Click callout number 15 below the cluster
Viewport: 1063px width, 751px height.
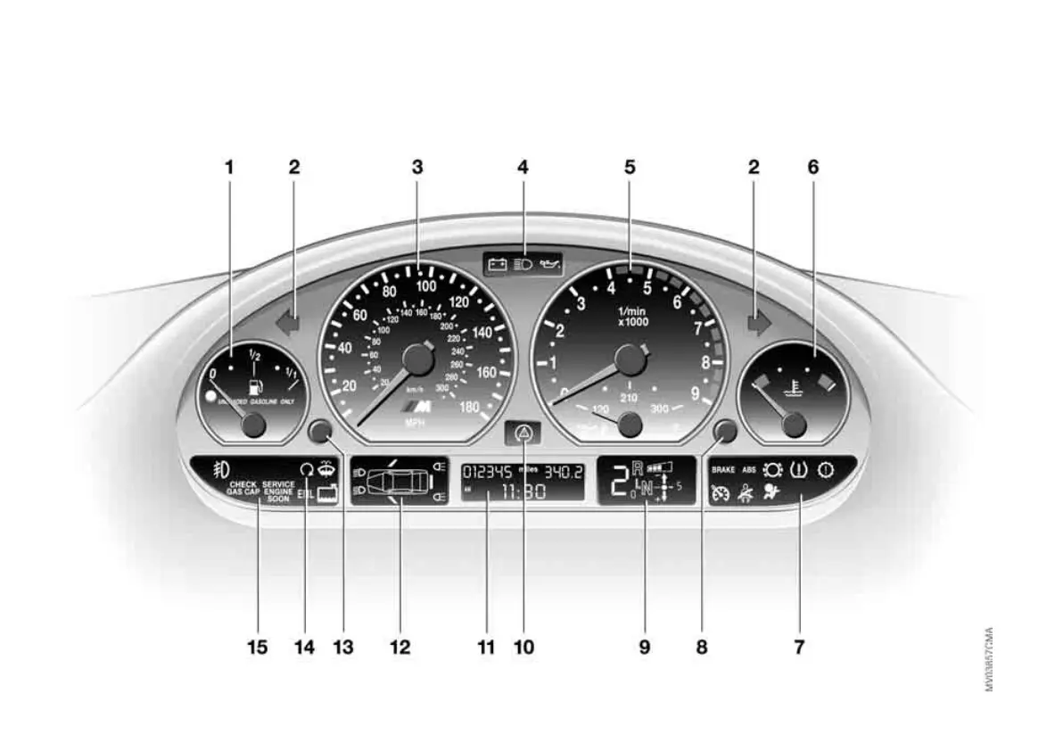257,648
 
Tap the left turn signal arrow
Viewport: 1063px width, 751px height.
288,321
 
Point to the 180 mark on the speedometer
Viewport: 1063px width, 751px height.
468,408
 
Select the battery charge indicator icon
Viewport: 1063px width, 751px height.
498,265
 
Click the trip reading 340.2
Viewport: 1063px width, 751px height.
564,471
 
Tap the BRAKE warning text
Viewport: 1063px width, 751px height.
722,468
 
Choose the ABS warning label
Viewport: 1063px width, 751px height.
749,468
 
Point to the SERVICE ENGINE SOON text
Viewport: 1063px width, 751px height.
278,491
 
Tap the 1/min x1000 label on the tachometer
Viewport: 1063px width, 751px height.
632,316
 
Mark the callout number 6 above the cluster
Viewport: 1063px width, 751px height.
812,167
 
